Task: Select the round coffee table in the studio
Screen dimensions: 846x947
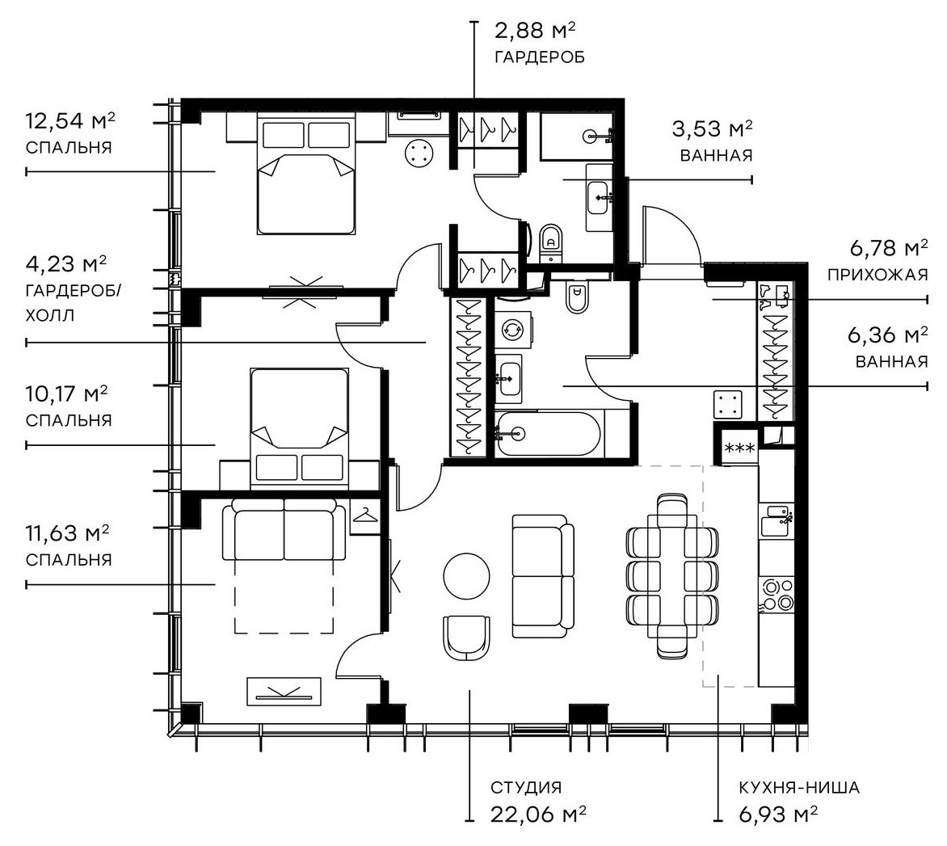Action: (x=466, y=575)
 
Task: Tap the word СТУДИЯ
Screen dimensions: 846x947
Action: (x=525, y=788)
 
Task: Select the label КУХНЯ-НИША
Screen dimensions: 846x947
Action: (x=798, y=788)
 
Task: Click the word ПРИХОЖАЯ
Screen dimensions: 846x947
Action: (x=877, y=275)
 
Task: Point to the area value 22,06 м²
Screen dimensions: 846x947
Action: (x=538, y=814)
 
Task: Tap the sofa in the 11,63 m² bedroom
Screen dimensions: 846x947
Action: (x=283, y=529)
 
